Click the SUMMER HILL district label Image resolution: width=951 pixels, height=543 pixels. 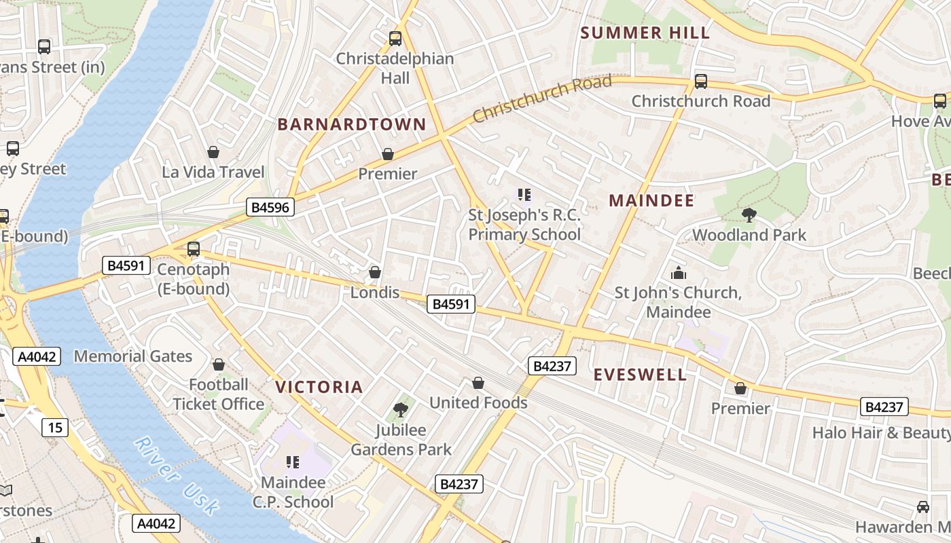[x=645, y=33]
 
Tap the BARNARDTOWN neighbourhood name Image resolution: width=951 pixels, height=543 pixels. [x=351, y=125]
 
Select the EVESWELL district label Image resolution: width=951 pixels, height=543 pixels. [x=640, y=375]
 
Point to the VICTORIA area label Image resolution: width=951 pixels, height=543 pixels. [x=319, y=388]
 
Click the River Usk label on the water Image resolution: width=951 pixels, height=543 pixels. [x=177, y=474]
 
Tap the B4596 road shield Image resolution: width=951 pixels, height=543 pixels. [x=270, y=208]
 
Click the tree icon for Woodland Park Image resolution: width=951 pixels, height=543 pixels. [x=749, y=215]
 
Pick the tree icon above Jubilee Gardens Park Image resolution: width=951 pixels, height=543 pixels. [x=401, y=409]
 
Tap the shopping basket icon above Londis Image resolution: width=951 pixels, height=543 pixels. [x=374, y=273]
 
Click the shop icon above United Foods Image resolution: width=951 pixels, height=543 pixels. [x=478, y=383]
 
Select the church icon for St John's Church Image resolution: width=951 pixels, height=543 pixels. [x=678, y=274]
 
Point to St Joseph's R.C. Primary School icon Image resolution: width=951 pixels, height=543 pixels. [x=524, y=195]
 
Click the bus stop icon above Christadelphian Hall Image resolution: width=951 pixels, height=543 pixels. [x=395, y=39]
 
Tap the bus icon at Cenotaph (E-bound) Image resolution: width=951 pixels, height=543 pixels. [x=194, y=249]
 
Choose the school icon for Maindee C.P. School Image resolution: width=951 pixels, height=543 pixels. [x=293, y=463]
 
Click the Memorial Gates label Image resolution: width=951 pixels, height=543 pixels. [x=133, y=356]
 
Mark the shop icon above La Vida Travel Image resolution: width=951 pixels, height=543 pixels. [x=213, y=152]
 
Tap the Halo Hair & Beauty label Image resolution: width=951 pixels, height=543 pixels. [x=881, y=433]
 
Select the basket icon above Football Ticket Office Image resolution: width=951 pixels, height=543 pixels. [x=218, y=365]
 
